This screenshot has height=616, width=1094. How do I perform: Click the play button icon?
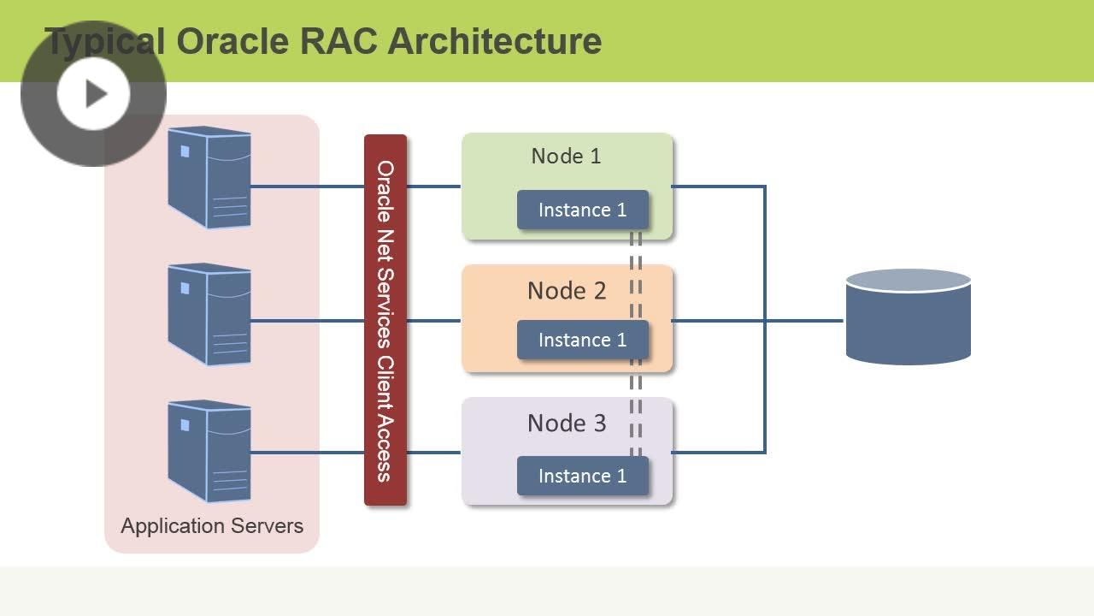pyautogui.click(x=93, y=94)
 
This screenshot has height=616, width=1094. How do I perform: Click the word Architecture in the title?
pyautogui.click(x=495, y=41)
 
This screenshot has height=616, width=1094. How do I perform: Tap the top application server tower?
pyautogui.click(x=209, y=177)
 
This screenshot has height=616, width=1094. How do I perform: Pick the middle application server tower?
pyautogui.click(x=209, y=314)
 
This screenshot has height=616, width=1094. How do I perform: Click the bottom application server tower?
pyautogui.click(x=209, y=451)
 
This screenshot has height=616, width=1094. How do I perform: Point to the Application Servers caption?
pyautogui.click(x=212, y=525)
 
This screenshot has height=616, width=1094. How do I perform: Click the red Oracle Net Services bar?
pyautogui.click(x=385, y=320)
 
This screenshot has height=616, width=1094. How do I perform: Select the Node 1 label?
pyautogui.click(x=566, y=156)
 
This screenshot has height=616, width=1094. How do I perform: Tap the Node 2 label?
pyautogui.click(x=566, y=291)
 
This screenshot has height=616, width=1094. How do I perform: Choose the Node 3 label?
pyautogui.click(x=566, y=423)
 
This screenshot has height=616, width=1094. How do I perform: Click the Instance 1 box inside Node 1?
pyautogui.click(x=582, y=210)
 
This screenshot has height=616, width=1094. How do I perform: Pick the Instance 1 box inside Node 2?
pyautogui.click(x=582, y=340)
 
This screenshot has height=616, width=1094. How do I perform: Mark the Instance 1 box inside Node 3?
pyautogui.click(x=582, y=476)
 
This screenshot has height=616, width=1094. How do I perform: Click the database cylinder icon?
pyautogui.click(x=908, y=317)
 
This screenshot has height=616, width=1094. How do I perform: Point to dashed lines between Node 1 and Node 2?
pyautogui.click(x=636, y=252)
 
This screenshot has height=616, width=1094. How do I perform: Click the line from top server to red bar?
pyautogui.click(x=308, y=186)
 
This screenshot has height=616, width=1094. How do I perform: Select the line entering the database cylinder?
pyautogui.click(x=803, y=321)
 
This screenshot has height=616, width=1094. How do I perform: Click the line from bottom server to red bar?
pyautogui.click(x=308, y=452)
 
